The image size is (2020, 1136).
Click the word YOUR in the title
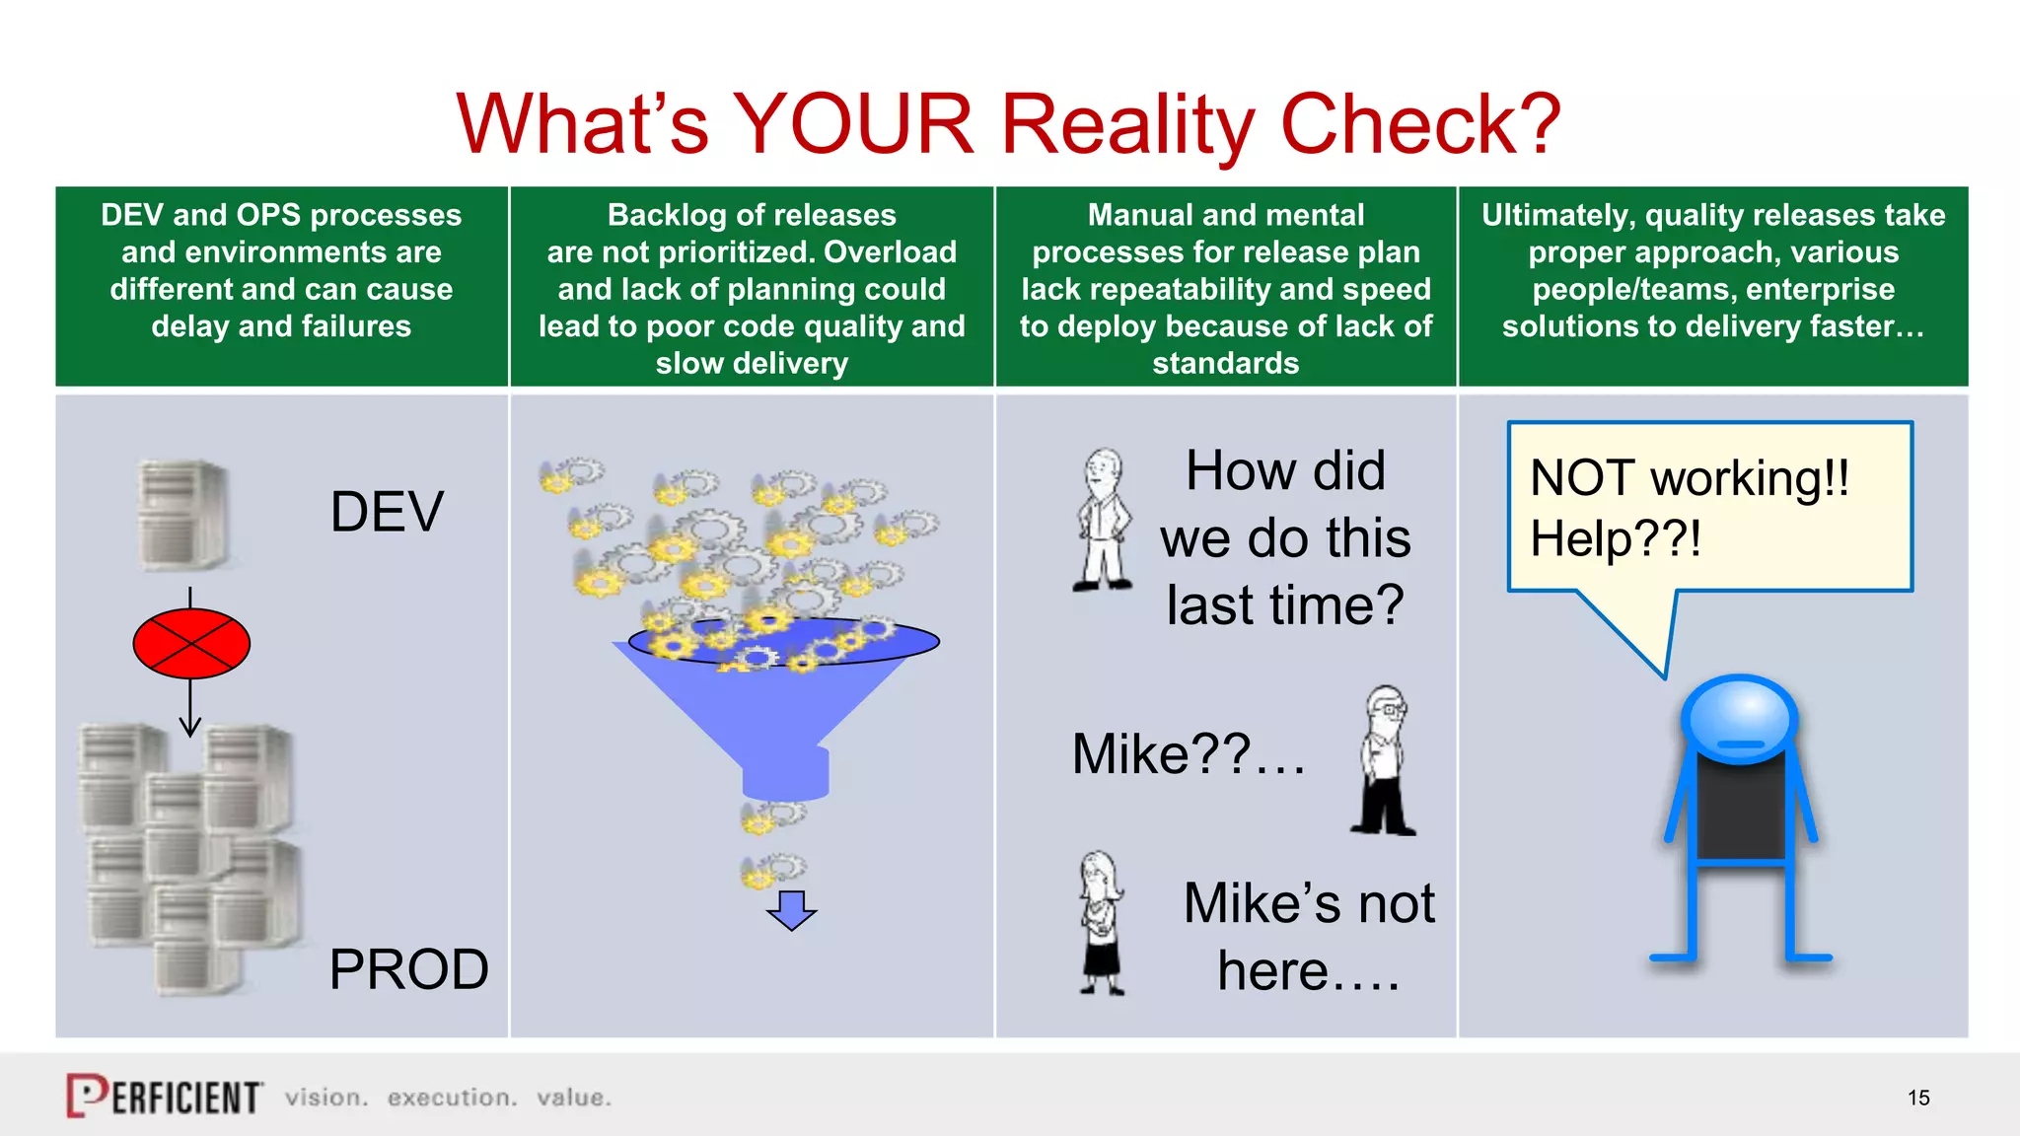click(x=854, y=125)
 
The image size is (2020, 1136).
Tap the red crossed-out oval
click(x=191, y=643)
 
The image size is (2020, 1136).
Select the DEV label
click(x=387, y=512)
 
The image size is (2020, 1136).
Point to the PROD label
click(x=408, y=969)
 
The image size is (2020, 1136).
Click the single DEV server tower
click(x=183, y=515)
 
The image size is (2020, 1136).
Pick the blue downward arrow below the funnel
click(x=791, y=909)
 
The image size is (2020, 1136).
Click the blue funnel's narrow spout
click(x=785, y=771)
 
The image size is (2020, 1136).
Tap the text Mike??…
click(x=1189, y=754)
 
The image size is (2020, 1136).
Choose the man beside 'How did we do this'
click(x=1104, y=520)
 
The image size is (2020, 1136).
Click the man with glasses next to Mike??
click(x=1385, y=760)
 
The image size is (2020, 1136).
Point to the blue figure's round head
click(x=1740, y=718)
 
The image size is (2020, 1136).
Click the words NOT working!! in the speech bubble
click(x=1690, y=478)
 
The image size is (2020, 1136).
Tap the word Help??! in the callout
click(x=1616, y=538)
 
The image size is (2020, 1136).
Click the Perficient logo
click(x=165, y=1096)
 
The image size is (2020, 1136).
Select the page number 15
click(x=1918, y=1098)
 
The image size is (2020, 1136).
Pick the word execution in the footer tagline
click(x=452, y=1098)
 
